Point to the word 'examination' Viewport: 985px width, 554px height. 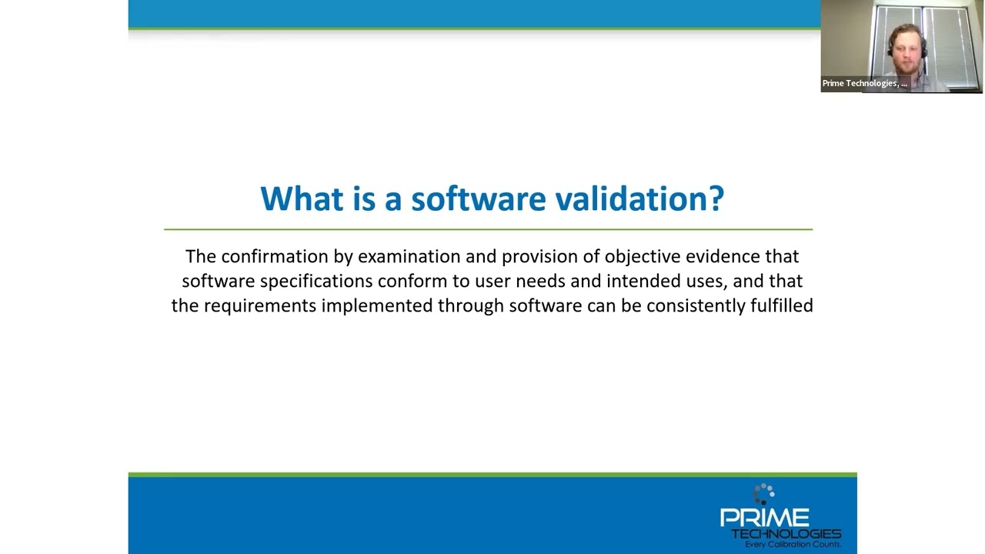coord(409,256)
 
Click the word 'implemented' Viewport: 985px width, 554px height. coord(377,305)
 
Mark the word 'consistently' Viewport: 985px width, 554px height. coord(696,305)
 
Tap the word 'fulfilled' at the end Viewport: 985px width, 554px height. coord(781,305)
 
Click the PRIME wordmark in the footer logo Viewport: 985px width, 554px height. coord(763,518)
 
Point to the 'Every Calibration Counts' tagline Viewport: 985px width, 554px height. coord(792,544)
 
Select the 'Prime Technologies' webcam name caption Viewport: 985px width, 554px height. coord(864,83)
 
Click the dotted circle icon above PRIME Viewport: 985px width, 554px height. coord(763,493)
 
